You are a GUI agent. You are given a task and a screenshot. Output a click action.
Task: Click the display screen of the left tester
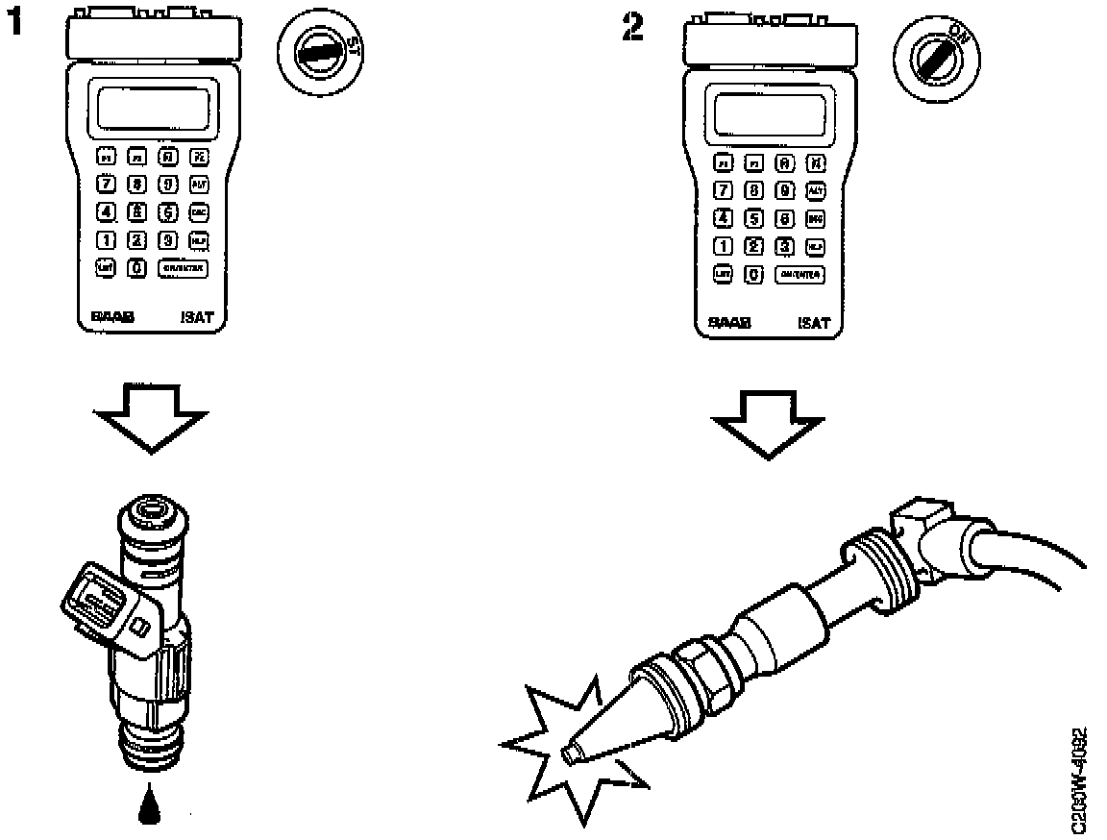(x=151, y=107)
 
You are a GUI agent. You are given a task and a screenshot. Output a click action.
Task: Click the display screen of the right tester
(x=768, y=112)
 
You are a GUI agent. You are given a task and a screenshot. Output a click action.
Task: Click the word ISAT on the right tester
(x=813, y=323)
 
